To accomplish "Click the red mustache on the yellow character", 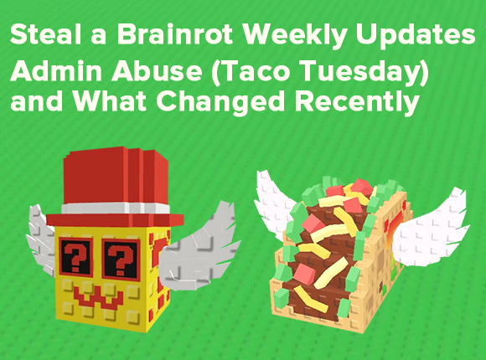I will (105, 293).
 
